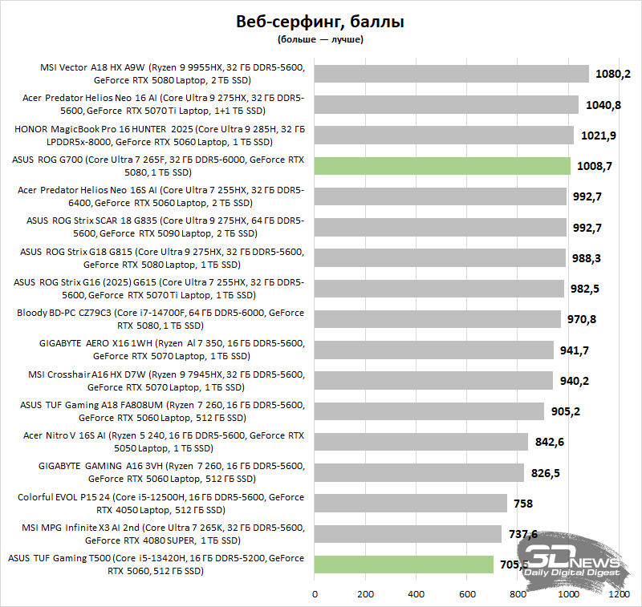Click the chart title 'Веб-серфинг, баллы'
tap(320, 22)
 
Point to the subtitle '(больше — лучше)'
tap(320, 39)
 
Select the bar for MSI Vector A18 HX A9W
tap(451, 74)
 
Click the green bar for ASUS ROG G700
tap(442, 166)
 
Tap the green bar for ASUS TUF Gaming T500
tap(404, 564)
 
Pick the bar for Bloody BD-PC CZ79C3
tap(437, 319)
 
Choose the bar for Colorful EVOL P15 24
tap(411, 503)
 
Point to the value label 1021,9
tap(599, 135)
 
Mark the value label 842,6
tap(552, 442)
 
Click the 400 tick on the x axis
tap(416, 595)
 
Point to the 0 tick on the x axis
tap(315, 595)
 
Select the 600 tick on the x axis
tap(466, 595)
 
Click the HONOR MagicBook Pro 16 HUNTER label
tap(160, 135)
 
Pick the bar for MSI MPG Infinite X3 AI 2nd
tap(408, 533)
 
